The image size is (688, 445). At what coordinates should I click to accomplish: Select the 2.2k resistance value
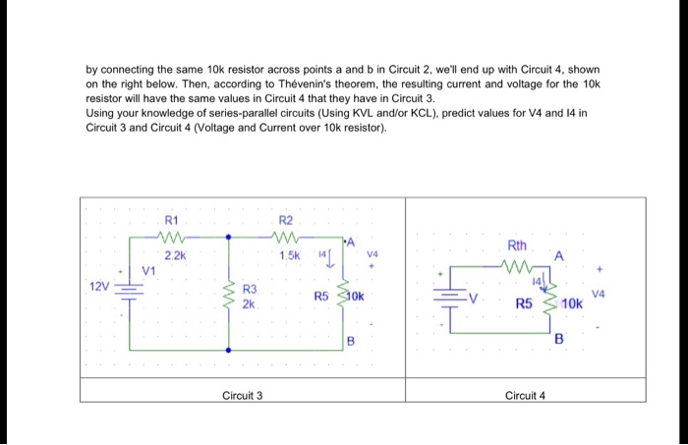173,254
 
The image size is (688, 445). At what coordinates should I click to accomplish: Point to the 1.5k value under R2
288,254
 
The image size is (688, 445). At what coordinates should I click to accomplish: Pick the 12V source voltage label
100,286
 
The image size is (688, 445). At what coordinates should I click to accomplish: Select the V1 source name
148,270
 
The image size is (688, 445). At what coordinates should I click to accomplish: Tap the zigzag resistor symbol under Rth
517,263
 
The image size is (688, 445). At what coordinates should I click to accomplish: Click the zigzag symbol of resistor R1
172,236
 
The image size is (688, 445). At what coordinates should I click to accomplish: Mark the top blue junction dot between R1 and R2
229,236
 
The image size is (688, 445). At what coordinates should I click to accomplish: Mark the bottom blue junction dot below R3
229,349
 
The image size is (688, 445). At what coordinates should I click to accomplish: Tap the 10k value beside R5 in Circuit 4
572,305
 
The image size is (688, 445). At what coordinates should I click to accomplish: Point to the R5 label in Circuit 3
321,296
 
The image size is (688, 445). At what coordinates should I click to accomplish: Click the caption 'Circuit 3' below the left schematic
242,395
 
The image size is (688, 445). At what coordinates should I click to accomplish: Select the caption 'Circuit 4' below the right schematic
525,395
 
